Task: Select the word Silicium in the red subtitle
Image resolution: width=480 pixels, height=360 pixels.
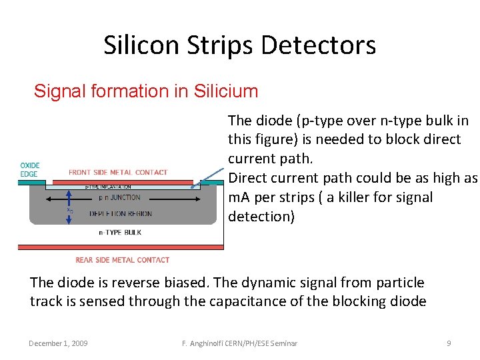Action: tap(225, 91)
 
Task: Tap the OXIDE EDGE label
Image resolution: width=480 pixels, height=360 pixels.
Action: tap(30, 169)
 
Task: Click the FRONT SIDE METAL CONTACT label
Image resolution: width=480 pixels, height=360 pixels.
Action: tap(118, 172)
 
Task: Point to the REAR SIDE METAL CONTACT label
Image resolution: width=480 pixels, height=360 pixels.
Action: tap(123, 260)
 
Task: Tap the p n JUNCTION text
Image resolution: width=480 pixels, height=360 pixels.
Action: tap(119, 197)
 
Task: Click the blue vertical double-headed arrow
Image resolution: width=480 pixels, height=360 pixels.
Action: tap(68, 208)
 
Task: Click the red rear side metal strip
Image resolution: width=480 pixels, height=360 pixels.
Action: tap(120, 247)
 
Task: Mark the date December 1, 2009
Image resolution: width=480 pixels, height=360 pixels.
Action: tap(58, 343)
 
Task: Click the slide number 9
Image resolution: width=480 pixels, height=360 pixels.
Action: tap(449, 343)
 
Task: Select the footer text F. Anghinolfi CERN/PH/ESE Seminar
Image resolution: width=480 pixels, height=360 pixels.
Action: tap(240, 343)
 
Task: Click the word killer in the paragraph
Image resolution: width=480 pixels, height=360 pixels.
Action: tap(360, 198)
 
